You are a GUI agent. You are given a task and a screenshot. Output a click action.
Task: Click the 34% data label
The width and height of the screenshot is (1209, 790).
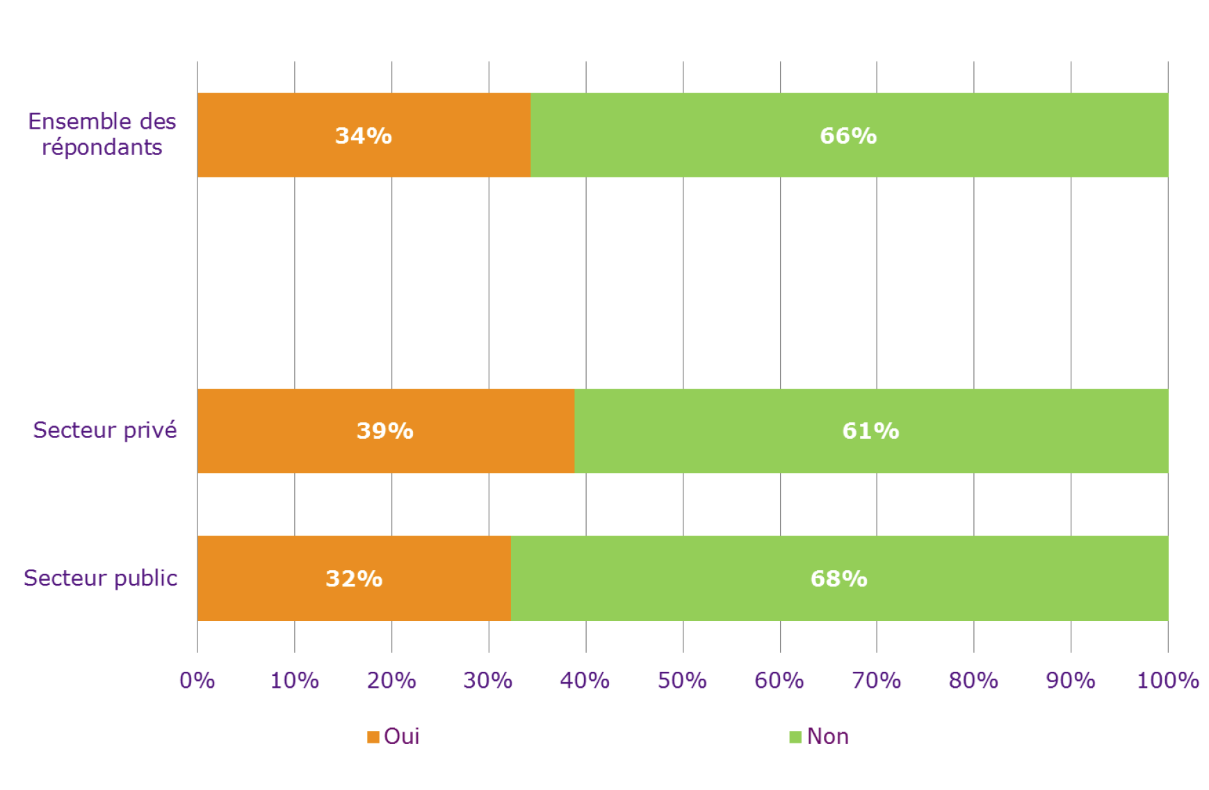coord(363,136)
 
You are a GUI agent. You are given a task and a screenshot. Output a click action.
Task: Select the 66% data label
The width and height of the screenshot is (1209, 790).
coord(848,136)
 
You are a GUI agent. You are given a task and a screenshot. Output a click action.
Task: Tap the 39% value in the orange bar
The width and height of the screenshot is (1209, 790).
coord(384,431)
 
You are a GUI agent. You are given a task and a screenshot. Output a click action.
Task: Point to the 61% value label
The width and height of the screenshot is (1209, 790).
coord(870,431)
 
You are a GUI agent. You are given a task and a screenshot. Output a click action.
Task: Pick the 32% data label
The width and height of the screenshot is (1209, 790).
coord(354,579)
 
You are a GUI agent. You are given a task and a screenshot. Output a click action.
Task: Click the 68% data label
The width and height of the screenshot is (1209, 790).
coord(838,579)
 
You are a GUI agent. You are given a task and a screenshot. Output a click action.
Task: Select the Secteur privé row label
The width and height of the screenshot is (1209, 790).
coord(105,430)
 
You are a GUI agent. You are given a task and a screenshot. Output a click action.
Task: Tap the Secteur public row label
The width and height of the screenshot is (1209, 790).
coord(101,578)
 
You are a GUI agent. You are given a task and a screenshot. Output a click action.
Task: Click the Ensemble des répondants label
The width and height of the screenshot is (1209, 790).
coord(102,134)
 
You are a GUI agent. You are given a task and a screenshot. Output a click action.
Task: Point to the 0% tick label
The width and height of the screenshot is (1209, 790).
coord(197,680)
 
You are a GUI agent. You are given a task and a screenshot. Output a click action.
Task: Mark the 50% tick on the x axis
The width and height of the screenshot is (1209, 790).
coord(682,680)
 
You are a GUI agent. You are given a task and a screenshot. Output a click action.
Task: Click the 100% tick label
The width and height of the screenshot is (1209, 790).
coord(1167,680)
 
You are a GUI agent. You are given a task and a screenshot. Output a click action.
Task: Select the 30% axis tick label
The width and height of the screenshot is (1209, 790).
coord(488,680)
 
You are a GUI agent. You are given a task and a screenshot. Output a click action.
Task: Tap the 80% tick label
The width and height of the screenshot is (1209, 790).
coord(973,680)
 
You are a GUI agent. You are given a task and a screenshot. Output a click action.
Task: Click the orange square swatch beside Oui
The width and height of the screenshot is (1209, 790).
coord(373,737)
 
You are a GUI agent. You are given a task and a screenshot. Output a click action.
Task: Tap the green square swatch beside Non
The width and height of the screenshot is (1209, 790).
coord(795,737)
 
